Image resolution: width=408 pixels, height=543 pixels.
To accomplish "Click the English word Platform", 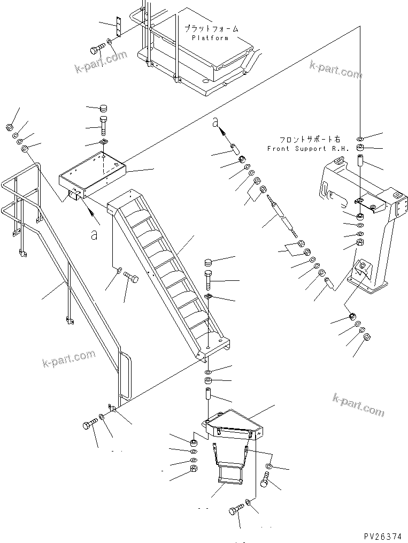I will tap(210, 38).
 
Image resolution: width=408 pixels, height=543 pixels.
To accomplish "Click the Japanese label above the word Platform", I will tap(211, 29).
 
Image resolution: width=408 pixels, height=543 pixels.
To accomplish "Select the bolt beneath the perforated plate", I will tap(97, 50).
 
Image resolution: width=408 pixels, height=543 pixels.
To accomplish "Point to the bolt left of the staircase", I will tap(131, 278).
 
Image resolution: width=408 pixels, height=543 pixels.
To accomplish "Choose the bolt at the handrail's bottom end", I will tap(89, 426).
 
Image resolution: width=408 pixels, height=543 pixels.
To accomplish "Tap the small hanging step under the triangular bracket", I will tap(227, 474).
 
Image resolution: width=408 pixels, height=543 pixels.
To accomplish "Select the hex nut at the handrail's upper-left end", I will tap(10, 127).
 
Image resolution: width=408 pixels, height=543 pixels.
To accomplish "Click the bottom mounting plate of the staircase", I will tap(214, 345).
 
